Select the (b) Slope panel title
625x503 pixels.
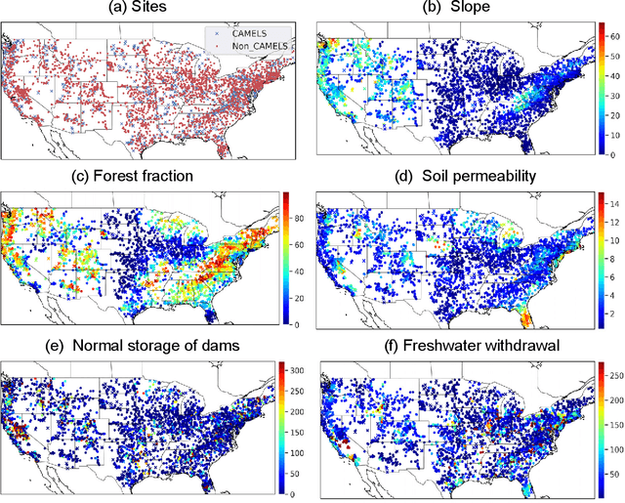[456, 10]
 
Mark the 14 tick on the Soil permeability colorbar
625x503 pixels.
[612, 204]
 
